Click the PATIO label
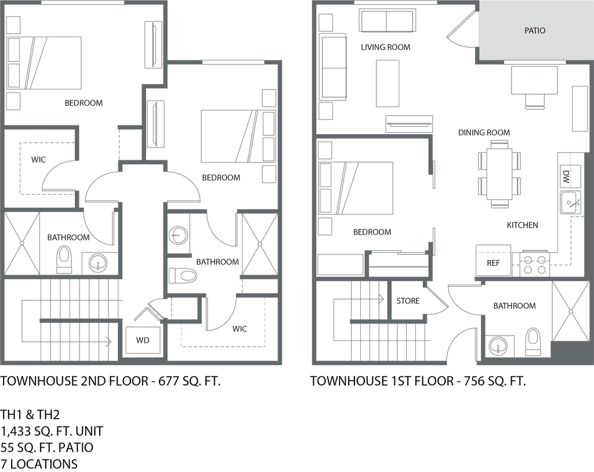click(535, 30)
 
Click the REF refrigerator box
click(493, 263)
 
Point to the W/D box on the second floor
click(143, 340)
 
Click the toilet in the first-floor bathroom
click(532, 341)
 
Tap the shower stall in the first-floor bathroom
click(571, 311)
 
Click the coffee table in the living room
click(387, 83)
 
